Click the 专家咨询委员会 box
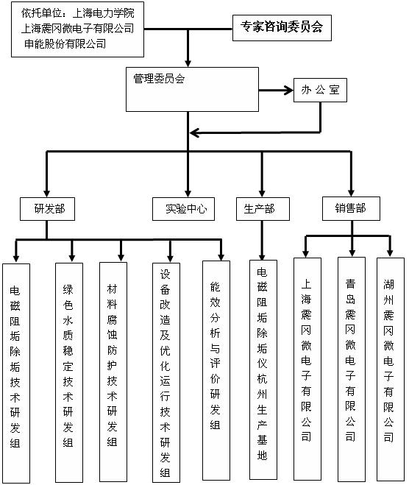pyautogui.click(x=282, y=28)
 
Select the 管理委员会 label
pyautogui.click(x=159, y=79)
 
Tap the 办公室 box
pyautogui.click(x=320, y=91)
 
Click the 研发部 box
pyautogui.click(x=47, y=209)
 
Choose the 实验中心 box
pyautogui.click(x=183, y=209)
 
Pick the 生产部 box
pyautogui.click(x=263, y=209)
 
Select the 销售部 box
pyautogui.click(x=351, y=208)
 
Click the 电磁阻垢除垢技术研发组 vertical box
pyautogui.click(x=16, y=373)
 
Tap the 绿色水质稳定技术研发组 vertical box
pyautogui.click(x=69, y=372)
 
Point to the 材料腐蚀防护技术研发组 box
pyautogui.click(x=113, y=372)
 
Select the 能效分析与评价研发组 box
pyautogui.click(x=216, y=370)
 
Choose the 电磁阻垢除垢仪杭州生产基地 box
pyautogui.click(x=263, y=369)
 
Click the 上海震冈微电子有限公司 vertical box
pyautogui.click(x=307, y=369)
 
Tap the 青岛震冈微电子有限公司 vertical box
pyautogui.click(x=352, y=369)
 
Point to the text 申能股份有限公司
pyautogui.click(x=65, y=44)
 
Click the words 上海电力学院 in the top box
pyautogui.click(x=104, y=13)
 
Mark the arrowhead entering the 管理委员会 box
pyautogui.click(x=188, y=63)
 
